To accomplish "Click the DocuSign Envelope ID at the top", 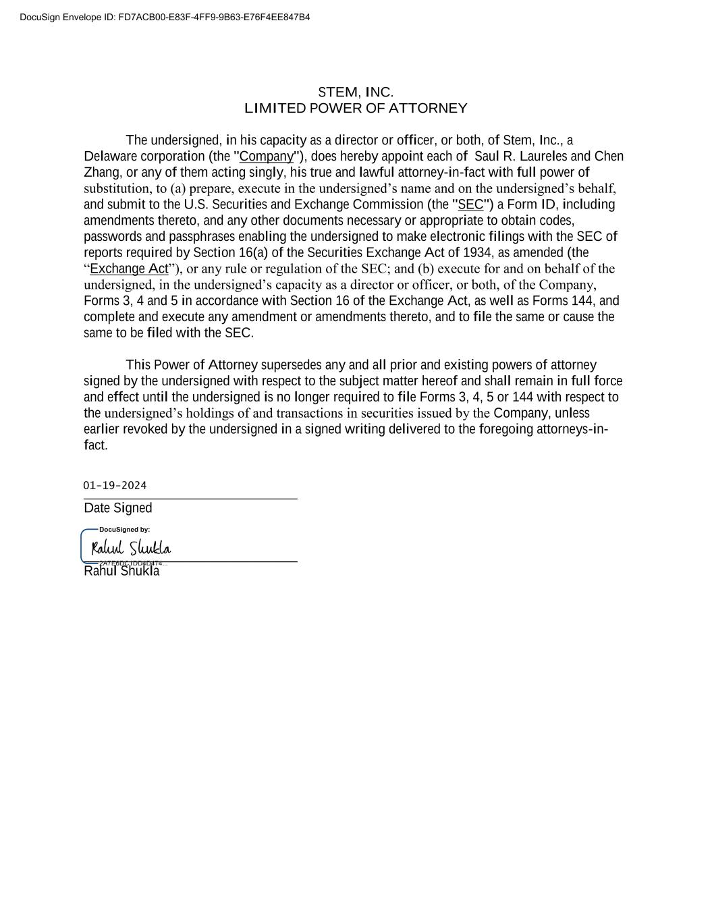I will pos(165,18).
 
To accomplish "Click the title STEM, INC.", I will pos(355,92).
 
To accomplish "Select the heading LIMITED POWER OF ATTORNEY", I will pos(355,109).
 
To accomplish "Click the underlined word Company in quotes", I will pos(267,157).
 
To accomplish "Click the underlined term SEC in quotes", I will pos(470,204).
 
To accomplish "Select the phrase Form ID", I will pos(530,204).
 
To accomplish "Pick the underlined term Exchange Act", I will pos(129,269).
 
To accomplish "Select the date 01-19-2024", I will pos(115,486).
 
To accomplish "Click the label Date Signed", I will pos(118,508).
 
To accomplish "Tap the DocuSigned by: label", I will pos(124,530).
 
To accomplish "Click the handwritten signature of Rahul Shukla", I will pos(131,547).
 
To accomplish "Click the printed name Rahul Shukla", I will pos(121,571).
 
